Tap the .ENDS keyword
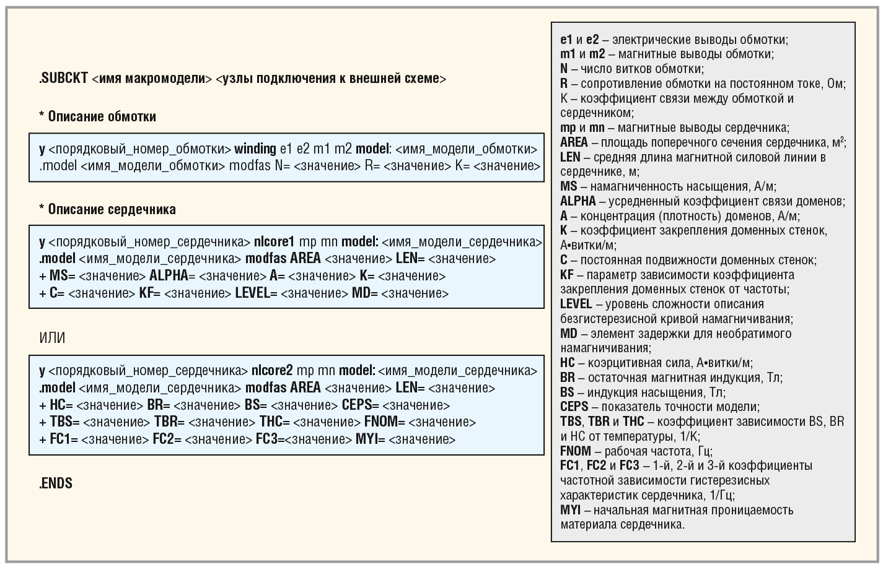tap(56, 483)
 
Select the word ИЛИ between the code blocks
tap(52, 338)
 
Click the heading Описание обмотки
tap(102, 116)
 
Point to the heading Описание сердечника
tap(112, 209)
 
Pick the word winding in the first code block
tap(255, 149)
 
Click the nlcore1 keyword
tap(274, 241)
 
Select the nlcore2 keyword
tap(271, 371)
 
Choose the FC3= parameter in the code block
tap(270, 439)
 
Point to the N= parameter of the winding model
tap(282, 166)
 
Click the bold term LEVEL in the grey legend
tap(576, 304)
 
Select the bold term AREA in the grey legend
tap(574, 142)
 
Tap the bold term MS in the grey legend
tap(568, 186)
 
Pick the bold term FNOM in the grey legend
tap(575, 451)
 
